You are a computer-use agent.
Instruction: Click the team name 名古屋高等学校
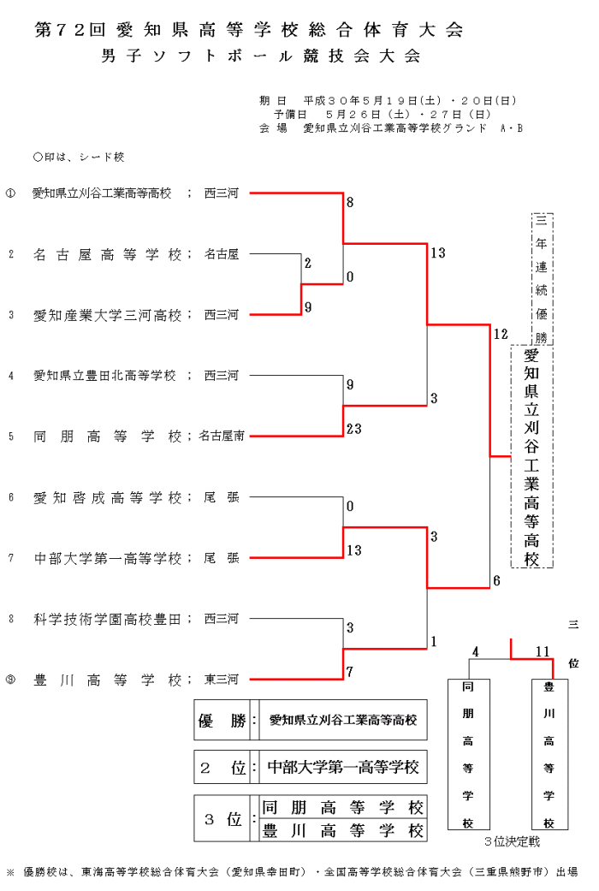click(x=107, y=254)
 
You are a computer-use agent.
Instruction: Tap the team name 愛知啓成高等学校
click(x=107, y=497)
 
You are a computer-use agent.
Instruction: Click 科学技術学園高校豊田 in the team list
click(x=107, y=619)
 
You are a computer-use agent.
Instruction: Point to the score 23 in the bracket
click(x=354, y=429)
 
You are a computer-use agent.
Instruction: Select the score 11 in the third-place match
click(x=542, y=651)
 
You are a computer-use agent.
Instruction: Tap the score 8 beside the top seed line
click(x=350, y=204)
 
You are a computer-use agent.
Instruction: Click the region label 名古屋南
click(x=222, y=437)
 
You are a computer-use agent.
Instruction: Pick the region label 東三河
click(x=222, y=680)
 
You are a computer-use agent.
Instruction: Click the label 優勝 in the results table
click(x=222, y=722)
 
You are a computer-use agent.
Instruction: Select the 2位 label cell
click(x=222, y=768)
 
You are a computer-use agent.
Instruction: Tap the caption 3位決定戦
click(x=512, y=842)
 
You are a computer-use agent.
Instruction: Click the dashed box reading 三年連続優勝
click(x=542, y=277)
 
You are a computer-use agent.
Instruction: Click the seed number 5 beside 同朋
click(x=11, y=437)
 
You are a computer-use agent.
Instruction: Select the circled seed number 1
click(x=11, y=193)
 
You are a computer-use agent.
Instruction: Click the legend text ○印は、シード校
click(x=79, y=157)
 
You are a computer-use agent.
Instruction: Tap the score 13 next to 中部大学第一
click(x=354, y=550)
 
